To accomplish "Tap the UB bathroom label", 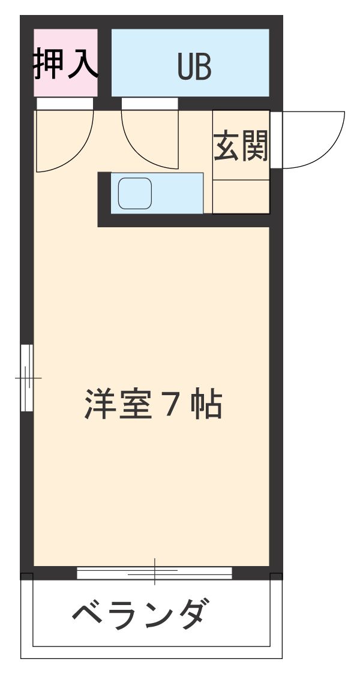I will (x=194, y=68).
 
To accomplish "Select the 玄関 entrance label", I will (x=241, y=145).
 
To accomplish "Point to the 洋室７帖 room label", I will (x=154, y=405).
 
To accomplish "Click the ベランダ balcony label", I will (x=142, y=613).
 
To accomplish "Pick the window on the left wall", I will (x=26, y=378).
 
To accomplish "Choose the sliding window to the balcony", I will (x=154, y=573).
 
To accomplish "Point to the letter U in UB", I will (x=185, y=68).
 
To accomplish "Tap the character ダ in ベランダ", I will (x=194, y=613).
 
